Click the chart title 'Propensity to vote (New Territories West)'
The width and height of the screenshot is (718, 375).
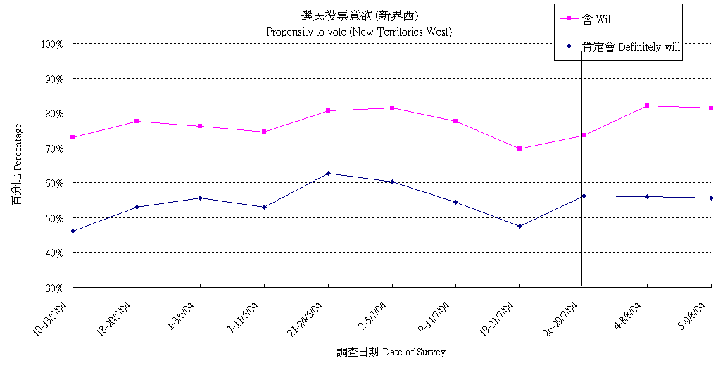[358, 32]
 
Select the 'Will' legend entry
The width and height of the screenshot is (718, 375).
[601, 19]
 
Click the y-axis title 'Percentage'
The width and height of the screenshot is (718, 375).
[17, 164]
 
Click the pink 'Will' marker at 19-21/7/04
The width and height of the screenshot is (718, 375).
[519, 148]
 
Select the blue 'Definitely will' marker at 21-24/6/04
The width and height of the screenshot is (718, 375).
[328, 173]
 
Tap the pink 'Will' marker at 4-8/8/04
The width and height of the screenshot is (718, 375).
[647, 106]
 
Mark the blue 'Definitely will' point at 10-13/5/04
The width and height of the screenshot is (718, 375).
[73, 231]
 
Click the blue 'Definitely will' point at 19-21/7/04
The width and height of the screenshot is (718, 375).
[519, 226]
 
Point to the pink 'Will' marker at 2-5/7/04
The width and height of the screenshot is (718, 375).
[392, 108]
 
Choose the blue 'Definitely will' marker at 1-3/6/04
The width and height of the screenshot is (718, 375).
[201, 198]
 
